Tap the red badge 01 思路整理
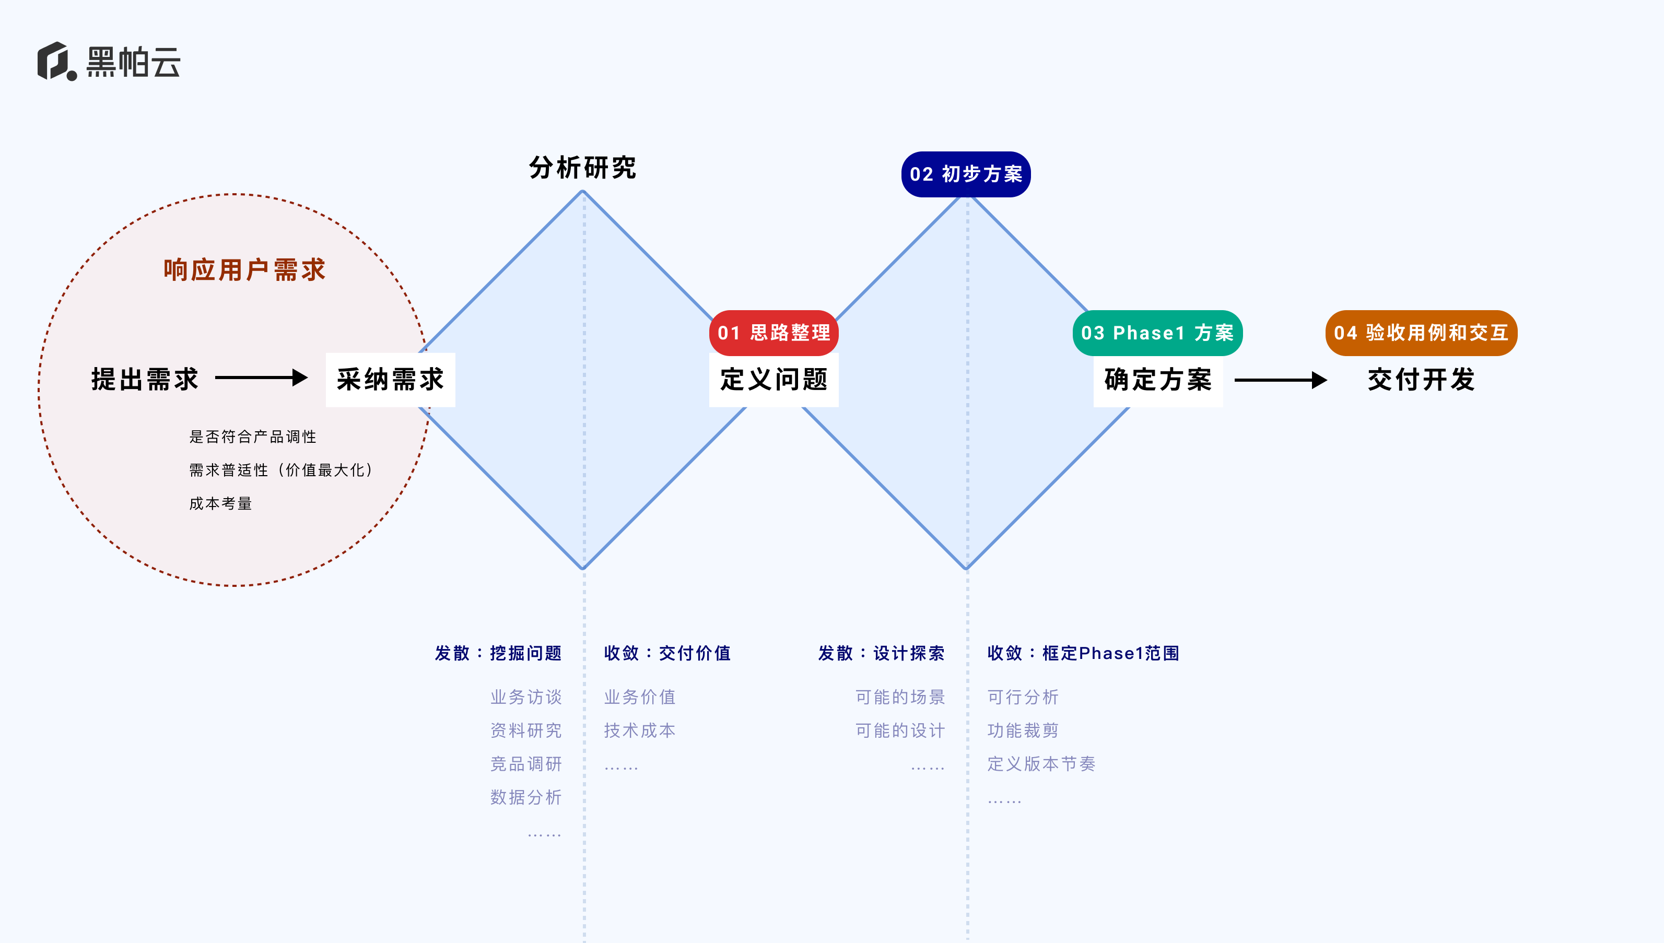(x=774, y=333)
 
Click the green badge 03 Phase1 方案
(x=1157, y=333)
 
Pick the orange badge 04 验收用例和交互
(x=1421, y=333)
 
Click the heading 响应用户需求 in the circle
(x=244, y=270)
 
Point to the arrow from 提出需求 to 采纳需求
(x=261, y=378)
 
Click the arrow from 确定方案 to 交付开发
(x=1280, y=380)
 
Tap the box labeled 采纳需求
(x=390, y=380)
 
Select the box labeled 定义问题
(x=774, y=380)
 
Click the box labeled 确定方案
(x=1157, y=380)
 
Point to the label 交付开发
(x=1421, y=380)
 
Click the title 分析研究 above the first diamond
(x=582, y=168)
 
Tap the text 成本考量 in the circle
(x=220, y=503)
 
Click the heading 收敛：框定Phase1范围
(x=1083, y=653)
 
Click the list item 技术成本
(x=639, y=730)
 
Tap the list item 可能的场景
(x=900, y=697)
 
